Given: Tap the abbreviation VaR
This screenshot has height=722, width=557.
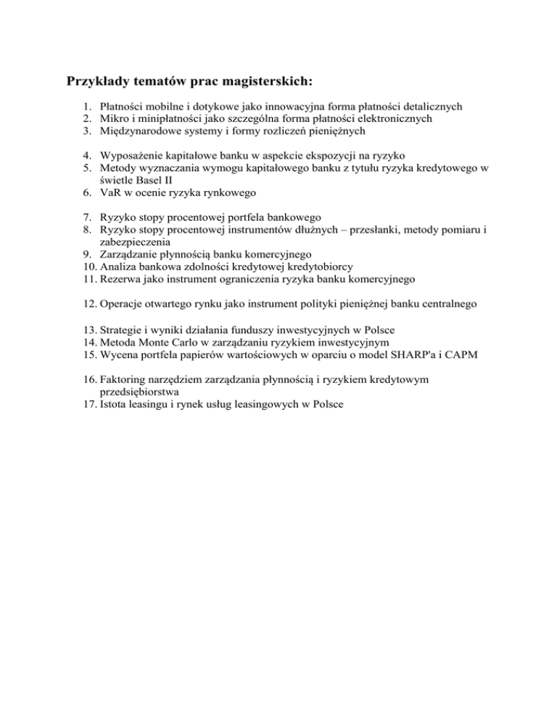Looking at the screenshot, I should [112, 192].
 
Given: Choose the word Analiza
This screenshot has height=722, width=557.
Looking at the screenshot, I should [118, 267].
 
